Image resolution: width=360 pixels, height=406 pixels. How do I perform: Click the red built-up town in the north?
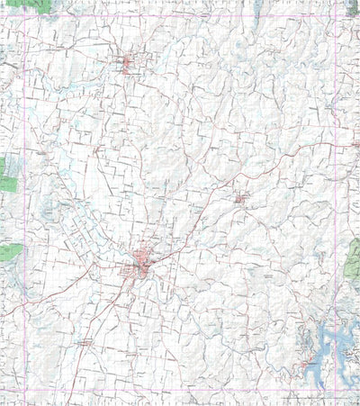(128, 63)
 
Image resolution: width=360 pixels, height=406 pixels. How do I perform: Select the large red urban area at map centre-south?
(142, 265)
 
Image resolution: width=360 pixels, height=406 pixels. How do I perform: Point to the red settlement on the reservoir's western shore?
(309, 362)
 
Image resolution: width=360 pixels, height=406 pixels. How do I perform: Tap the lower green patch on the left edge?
(11, 251)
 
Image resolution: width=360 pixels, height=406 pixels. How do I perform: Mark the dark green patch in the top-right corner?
(352, 6)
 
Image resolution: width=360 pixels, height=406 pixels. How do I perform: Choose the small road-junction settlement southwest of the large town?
(84, 342)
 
